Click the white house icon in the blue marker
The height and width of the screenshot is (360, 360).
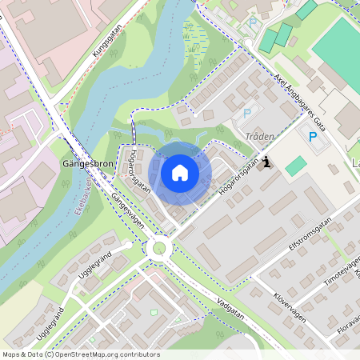pyautogui.click(x=180, y=172)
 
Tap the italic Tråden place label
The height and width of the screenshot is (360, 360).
pyautogui.click(x=260, y=137)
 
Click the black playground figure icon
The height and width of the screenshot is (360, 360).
pyautogui.click(x=266, y=163)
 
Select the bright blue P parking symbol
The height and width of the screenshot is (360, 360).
pyautogui.click(x=312, y=137)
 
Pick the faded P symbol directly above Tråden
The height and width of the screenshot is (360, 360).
pyautogui.click(x=247, y=114)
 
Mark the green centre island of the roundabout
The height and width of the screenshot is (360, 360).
pyautogui.click(x=160, y=249)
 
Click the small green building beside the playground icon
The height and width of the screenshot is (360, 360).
pyautogui.click(x=296, y=166)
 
